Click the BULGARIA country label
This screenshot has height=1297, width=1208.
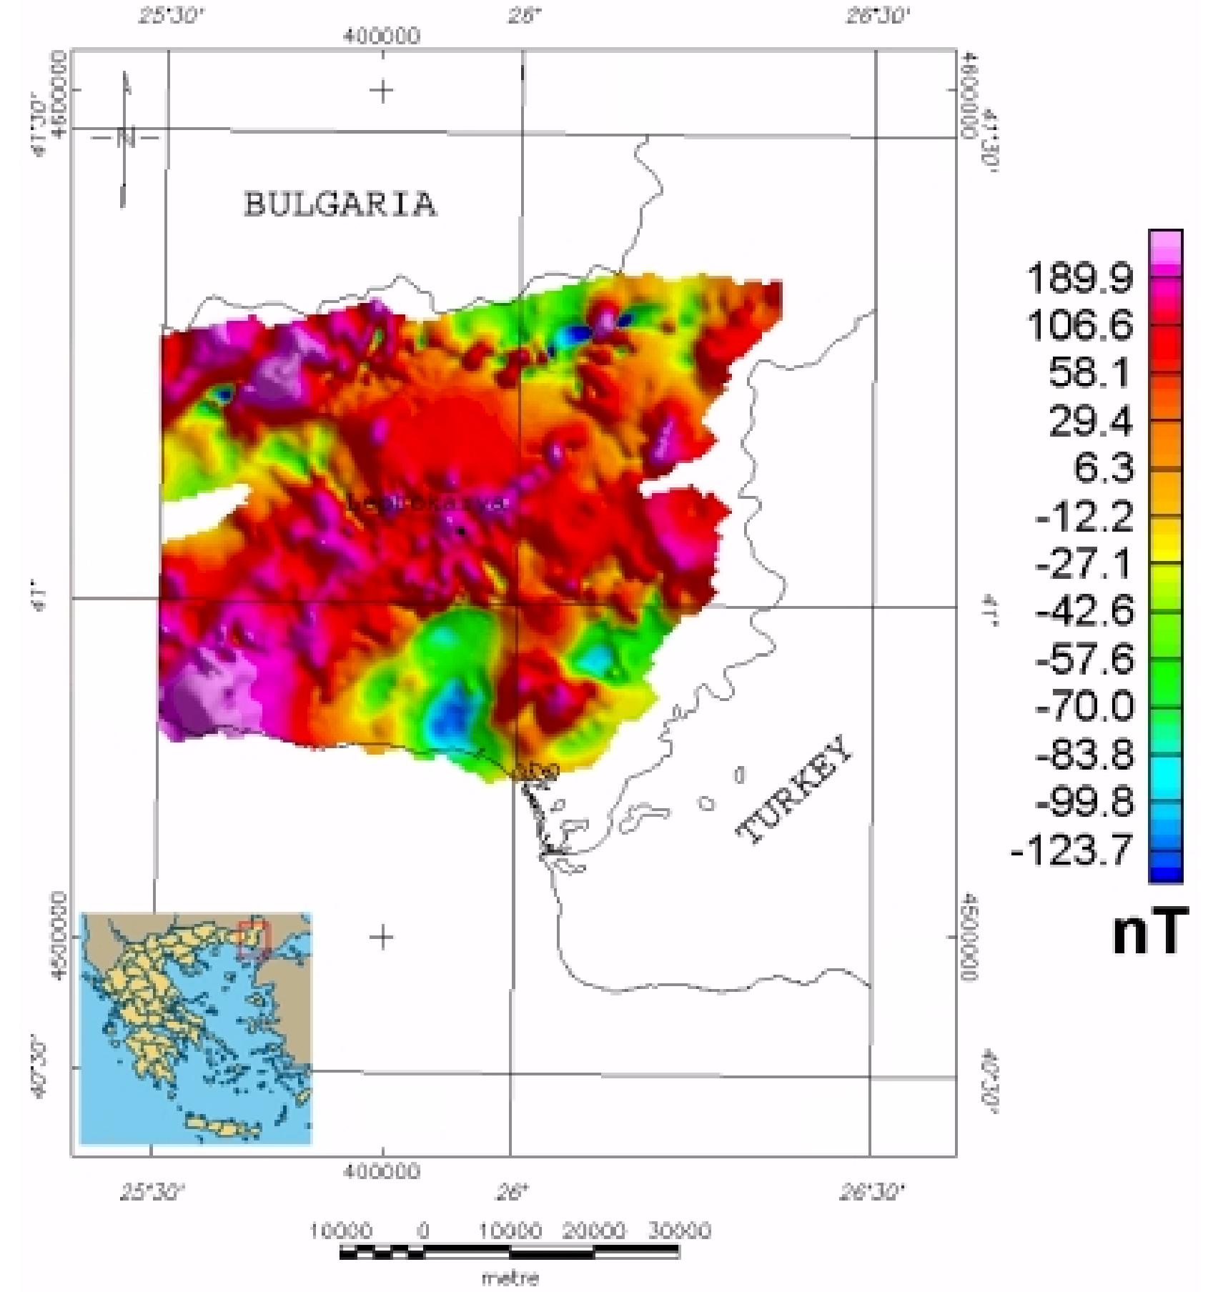click(x=340, y=204)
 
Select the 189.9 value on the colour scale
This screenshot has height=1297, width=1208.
click(x=1079, y=277)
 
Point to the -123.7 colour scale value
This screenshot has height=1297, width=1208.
click(x=1072, y=850)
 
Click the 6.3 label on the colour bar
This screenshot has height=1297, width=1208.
click(x=1103, y=468)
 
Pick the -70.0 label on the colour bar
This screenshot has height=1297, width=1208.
click(x=1084, y=706)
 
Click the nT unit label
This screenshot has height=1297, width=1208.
click(x=1150, y=931)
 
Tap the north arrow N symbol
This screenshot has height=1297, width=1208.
click(x=127, y=137)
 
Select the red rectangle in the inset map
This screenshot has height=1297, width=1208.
click(x=253, y=939)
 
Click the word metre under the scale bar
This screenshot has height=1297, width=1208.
click(x=510, y=1276)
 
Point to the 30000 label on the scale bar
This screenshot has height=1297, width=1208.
click(x=679, y=1231)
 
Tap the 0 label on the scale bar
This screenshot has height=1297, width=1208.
click(x=423, y=1231)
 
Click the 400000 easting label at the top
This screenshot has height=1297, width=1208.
click(x=382, y=36)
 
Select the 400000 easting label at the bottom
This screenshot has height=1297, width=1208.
click(x=382, y=1171)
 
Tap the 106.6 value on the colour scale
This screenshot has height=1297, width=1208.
click(x=1079, y=325)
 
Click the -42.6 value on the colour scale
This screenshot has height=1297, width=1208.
click(x=1084, y=611)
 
